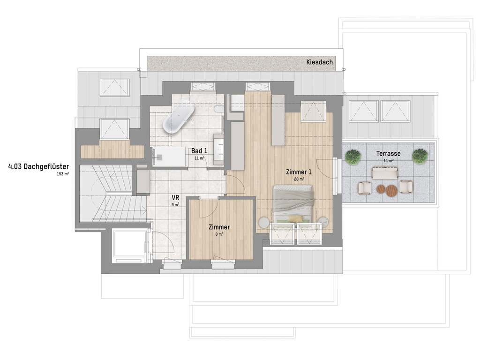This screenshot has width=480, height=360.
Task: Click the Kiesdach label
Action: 319,62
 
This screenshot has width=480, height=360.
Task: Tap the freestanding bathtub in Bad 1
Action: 179,116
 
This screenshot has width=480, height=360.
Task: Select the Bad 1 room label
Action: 199,151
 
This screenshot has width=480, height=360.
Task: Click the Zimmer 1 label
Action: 299,172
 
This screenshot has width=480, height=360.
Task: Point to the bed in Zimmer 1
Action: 293,203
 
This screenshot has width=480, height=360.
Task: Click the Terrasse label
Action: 388,154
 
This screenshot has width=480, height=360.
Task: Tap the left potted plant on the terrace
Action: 353,157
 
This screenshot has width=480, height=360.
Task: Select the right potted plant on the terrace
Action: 420,156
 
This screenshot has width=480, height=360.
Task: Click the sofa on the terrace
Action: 385,173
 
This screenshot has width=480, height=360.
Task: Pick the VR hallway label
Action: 175,198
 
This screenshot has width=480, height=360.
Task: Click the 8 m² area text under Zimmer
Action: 219,234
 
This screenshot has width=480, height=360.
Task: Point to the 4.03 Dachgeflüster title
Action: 38,166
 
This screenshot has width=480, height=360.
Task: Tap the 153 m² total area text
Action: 63,174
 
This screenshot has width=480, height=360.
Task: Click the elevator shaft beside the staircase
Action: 130,246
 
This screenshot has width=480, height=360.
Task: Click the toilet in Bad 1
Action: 219,109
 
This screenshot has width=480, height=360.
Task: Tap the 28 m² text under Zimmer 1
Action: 299,179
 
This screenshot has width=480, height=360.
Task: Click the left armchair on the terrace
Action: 365,188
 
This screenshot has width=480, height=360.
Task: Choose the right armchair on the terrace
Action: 406,187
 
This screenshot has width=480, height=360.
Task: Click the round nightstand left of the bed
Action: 264,223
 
